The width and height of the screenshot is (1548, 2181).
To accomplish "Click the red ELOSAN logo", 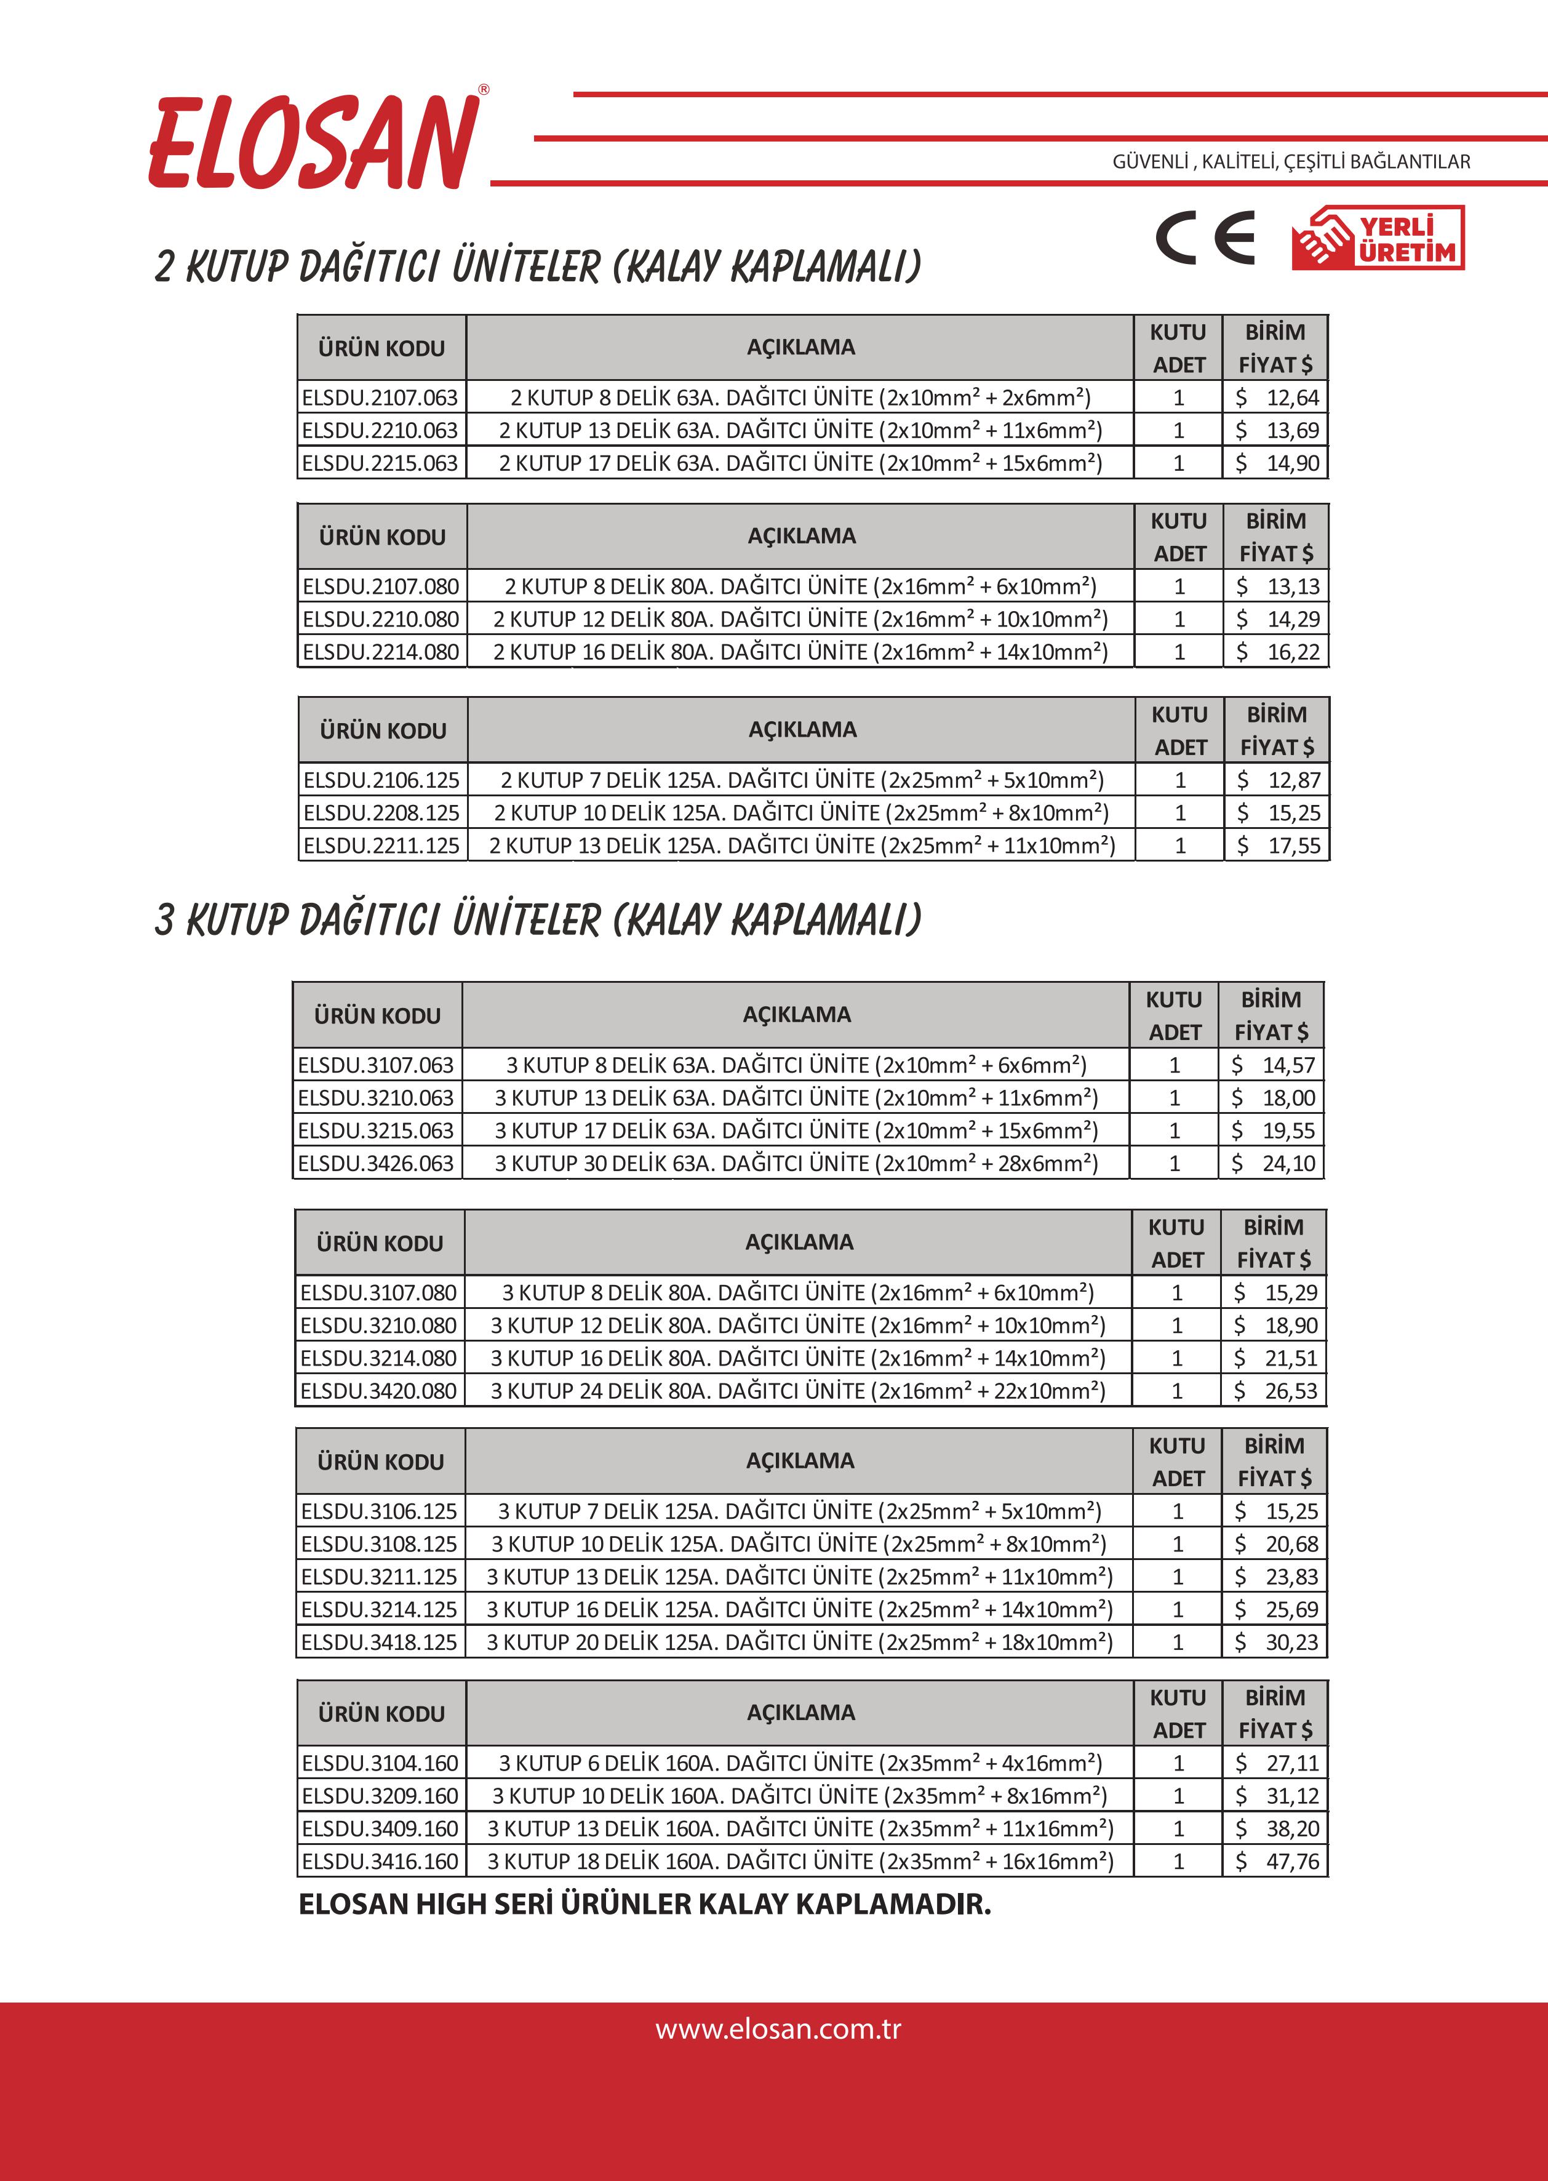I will click(314, 143).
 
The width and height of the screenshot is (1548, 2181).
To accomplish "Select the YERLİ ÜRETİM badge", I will click(1378, 238).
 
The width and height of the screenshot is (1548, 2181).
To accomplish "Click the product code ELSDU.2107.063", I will click(380, 398).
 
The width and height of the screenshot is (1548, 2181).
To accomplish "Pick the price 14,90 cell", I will click(1275, 463).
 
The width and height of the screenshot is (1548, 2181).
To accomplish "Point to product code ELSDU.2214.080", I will click(381, 652).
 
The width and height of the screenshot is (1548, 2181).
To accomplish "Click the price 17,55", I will click(1277, 846).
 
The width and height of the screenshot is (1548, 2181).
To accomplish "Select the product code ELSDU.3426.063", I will click(377, 1163).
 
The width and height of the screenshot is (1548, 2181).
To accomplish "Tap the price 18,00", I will click(1272, 1098).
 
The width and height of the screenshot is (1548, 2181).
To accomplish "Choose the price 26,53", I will click(1274, 1391).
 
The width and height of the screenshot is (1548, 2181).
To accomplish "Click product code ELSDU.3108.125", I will click(380, 1543).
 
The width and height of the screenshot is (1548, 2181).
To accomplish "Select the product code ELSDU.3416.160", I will click(380, 1861).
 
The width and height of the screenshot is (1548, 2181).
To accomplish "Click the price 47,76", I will click(1275, 1861).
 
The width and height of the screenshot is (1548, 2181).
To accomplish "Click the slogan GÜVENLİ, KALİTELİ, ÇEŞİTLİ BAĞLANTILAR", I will click(1291, 162).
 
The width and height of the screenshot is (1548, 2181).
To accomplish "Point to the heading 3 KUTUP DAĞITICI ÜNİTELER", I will click(538, 921).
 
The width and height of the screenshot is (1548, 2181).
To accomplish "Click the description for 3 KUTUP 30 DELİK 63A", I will click(796, 1163).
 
